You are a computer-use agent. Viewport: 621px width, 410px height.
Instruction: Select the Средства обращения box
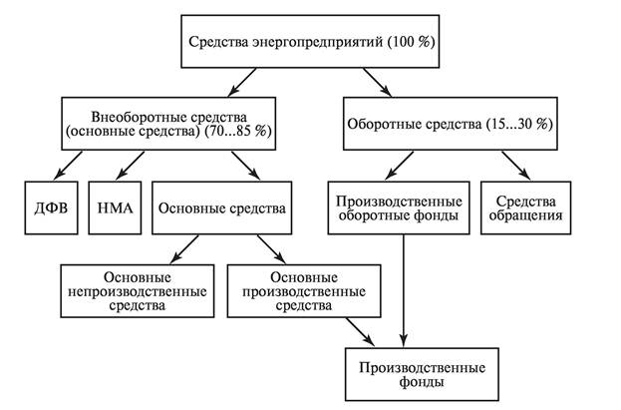coord(523,206)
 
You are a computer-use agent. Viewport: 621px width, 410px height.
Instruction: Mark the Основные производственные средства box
coord(303,290)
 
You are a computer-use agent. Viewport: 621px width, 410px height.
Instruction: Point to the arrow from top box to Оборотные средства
coord(377,80)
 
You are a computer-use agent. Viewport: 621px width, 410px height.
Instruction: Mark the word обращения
coord(523,214)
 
